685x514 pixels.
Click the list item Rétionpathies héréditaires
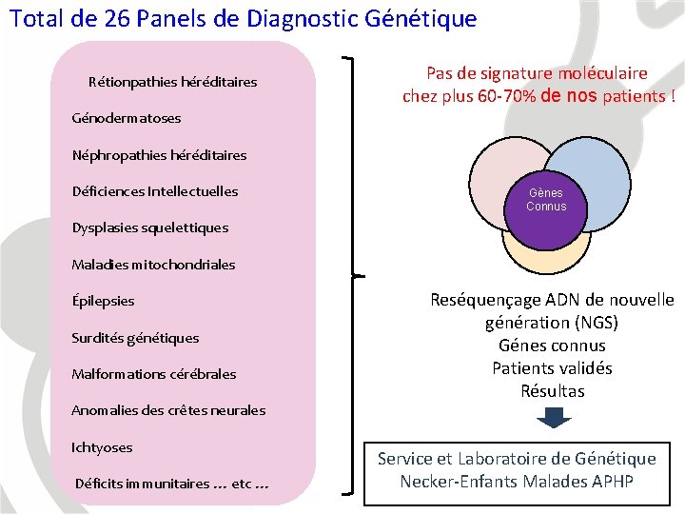172,82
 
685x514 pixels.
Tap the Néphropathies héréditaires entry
159,155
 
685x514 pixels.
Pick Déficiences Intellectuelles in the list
155,191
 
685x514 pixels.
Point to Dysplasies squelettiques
150,227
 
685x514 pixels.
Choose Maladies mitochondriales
153,265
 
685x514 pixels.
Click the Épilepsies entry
104,301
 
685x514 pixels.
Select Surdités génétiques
135,338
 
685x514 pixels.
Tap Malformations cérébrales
154,374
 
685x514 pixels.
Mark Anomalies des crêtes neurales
168,411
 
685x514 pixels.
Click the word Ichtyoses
102,447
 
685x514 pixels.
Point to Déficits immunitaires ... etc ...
171,484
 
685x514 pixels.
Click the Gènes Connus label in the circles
546,200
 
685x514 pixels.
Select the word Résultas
553,391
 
